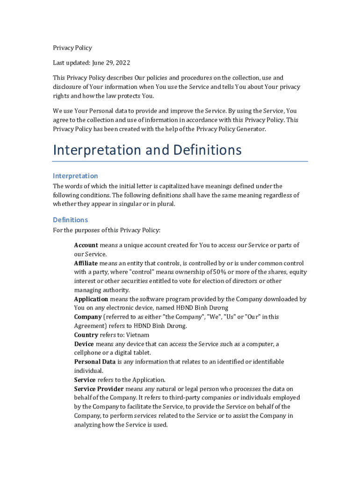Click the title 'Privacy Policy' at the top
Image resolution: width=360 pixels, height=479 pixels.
72,48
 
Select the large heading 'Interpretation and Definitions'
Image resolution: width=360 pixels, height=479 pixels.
147,150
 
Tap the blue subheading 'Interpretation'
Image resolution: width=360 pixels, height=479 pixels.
75,176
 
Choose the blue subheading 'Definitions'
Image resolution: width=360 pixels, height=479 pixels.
70,220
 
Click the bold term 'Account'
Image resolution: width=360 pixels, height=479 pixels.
86,245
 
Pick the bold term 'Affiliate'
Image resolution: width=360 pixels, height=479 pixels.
86,263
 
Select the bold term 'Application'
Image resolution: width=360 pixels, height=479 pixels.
91,299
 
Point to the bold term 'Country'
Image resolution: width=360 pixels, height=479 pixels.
86,335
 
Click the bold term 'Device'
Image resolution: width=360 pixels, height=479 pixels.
84,344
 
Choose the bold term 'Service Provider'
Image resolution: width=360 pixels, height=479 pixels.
99,389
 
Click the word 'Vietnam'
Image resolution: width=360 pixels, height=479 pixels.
139,335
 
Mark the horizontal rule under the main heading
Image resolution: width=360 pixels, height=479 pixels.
180,161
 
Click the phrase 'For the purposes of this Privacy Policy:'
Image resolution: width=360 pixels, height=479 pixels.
107,230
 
